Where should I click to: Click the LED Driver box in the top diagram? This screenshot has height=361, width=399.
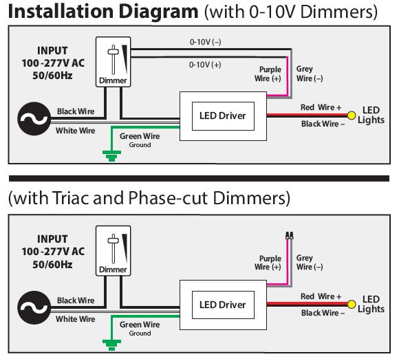coord(222,116)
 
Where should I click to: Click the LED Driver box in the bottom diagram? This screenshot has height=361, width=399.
coord(222,305)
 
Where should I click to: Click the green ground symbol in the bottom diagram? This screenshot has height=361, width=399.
coord(108,344)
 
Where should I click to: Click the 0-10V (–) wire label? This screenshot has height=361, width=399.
coord(206,42)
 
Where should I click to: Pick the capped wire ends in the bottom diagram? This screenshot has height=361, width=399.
coord(288,235)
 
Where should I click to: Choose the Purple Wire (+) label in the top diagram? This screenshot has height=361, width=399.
coord(269,74)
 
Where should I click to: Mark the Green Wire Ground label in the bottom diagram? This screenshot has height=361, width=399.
coord(140,328)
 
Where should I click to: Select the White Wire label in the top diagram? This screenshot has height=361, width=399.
coord(76,131)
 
